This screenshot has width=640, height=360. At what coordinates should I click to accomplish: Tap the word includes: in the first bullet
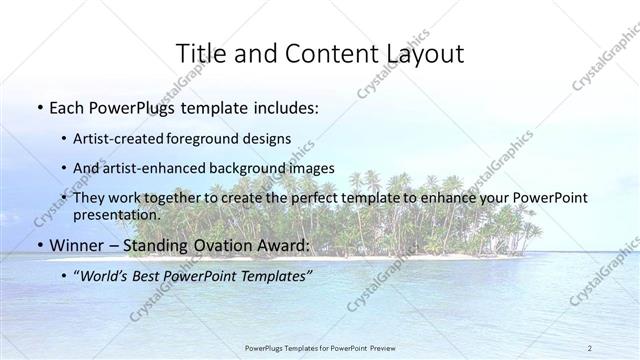[x=283, y=108]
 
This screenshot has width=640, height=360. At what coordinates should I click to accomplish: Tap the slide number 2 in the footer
[x=590, y=348]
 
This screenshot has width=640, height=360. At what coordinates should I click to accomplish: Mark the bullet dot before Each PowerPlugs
[x=39, y=108]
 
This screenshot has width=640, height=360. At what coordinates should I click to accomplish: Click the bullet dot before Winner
[x=39, y=245]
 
